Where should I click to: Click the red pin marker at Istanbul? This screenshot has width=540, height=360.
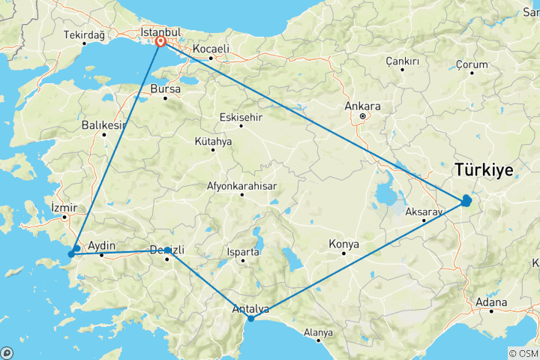tap(160, 42)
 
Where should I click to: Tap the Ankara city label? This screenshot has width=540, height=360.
tap(363, 106)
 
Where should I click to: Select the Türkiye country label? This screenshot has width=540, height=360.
tap(483, 170)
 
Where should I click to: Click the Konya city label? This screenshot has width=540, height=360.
tap(344, 244)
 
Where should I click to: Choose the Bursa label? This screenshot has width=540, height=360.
tap(166, 88)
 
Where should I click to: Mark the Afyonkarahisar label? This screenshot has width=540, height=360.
tap(242, 186)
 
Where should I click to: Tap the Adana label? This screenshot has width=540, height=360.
tap(491, 302)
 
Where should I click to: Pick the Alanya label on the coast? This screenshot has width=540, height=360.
tap(318, 332)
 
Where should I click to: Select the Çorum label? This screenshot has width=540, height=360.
tap(472, 65)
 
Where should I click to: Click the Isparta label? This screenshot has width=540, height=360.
tap(241, 252)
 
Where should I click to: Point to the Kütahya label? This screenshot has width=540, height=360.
tap(213, 141)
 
